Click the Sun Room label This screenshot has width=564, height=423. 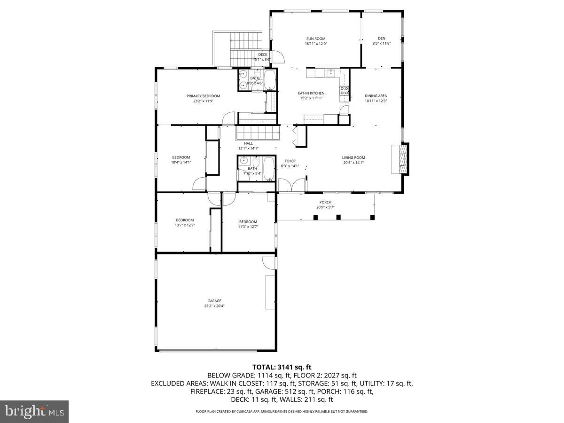pos(315,39)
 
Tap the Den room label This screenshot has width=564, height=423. pos(382,39)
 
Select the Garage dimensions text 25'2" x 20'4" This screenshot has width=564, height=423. pos(214,306)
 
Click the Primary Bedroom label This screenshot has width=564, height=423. pos(203,96)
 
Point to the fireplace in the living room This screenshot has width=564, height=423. pos(400,159)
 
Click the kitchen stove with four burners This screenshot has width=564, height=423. pos(344,90)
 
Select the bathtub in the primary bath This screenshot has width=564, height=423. pos(269,80)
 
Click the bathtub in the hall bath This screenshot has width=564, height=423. pos(268,169)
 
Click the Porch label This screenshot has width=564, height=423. pos(325,202)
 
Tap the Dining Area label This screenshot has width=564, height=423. pos(376,96)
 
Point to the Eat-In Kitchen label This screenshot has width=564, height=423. pos(311,93)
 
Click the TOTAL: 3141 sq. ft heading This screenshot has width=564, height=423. pos(282,367)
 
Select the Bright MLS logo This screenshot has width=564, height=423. pos(34,411)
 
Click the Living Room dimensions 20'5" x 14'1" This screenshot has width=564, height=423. pos(353,163)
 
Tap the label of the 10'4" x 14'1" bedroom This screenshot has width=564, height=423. pos(181,157)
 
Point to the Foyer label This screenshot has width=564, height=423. pos(290,161)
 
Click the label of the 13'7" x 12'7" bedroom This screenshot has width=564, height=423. pos(185,220)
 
